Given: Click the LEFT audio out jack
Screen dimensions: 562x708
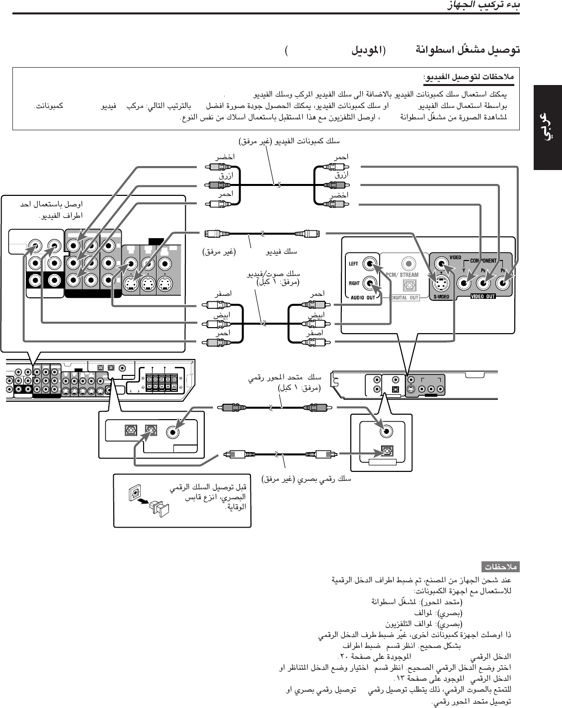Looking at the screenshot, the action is [x=370, y=264].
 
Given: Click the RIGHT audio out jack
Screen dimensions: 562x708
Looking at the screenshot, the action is [x=370, y=283].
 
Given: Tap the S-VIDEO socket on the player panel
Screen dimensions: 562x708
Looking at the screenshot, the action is [x=440, y=284].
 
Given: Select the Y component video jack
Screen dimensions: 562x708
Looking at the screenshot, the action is [x=464, y=284].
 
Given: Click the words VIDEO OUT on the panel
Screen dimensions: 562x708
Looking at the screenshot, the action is [x=483, y=297].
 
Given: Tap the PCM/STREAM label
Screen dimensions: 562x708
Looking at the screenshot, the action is [x=402, y=274].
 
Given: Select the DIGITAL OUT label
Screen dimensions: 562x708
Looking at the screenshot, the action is [x=404, y=298].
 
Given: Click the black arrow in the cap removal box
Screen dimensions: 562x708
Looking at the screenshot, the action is [x=144, y=502].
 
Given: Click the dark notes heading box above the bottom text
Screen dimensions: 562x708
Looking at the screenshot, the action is [x=500, y=566].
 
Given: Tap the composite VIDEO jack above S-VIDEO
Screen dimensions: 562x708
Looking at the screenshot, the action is [x=440, y=264].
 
